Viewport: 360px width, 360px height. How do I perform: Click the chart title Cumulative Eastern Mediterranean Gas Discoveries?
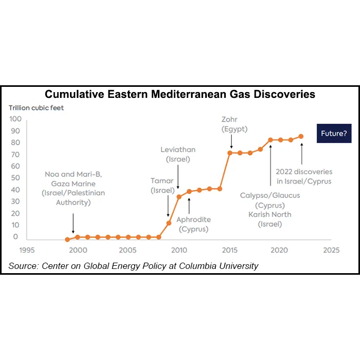[180, 95]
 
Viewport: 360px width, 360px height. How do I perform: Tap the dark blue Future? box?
[334, 134]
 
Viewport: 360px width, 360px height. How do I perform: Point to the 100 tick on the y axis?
[15, 119]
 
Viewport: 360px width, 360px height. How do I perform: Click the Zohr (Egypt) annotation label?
[234, 124]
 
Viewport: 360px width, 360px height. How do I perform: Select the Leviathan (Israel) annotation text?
[178, 154]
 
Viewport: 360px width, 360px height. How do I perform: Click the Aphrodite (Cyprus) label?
[194, 224]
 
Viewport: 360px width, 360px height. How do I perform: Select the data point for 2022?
[301, 136]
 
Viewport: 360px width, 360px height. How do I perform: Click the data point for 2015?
[230, 153]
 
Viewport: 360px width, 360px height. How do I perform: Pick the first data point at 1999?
[67, 239]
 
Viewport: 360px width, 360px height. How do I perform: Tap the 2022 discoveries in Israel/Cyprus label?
[304, 176]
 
